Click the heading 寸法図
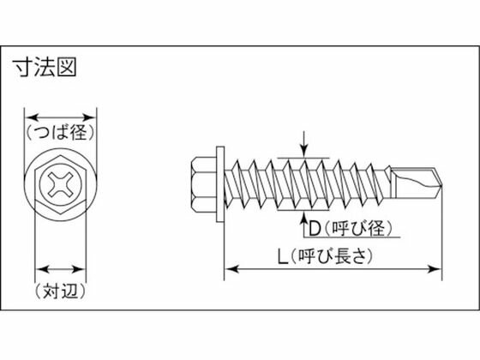(x=44, y=67)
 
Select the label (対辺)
(x=60, y=291)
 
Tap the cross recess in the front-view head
(x=60, y=183)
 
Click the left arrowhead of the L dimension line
(x=230, y=271)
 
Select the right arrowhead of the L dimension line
(x=439, y=271)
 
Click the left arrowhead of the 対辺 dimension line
(x=37, y=268)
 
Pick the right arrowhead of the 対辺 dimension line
(x=84, y=268)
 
